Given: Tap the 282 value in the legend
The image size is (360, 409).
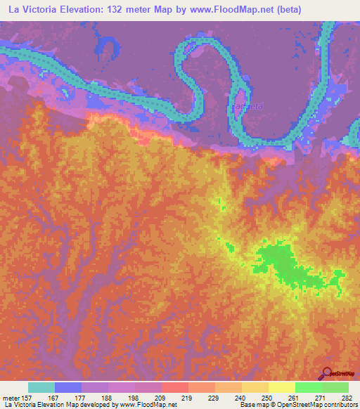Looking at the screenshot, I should [x=347, y=398].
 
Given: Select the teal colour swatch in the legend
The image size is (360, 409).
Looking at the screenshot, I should [x=41, y=387].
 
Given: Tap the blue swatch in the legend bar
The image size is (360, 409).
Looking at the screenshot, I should [x=68, y=387].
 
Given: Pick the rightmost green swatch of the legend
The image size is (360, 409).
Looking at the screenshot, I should [x=335, y=387].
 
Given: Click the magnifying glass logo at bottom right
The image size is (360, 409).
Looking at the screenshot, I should [x=326, y=373].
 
